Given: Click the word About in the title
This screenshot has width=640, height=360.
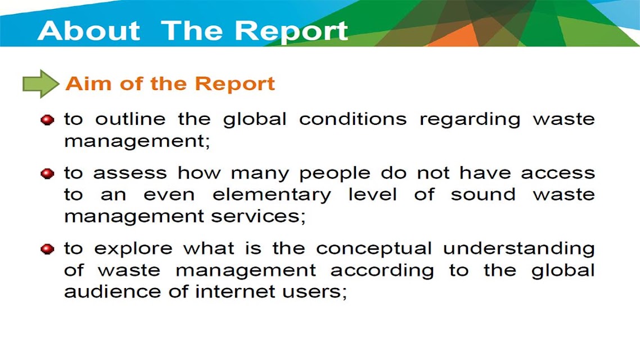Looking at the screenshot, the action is click(89, 30).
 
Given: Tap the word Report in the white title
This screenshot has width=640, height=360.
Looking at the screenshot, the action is click(291, 32).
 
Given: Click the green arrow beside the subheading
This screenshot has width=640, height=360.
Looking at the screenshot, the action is click(41, 84).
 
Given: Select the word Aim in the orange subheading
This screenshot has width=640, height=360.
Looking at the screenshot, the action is click(88, 83).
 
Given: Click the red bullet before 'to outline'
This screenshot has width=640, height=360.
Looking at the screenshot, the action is click(47, 120).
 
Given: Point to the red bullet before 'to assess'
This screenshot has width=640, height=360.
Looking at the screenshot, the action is click(47, 173).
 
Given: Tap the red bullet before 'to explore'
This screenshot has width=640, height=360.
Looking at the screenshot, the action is click(47, 249).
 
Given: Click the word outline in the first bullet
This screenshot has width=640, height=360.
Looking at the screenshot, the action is click(130, 119).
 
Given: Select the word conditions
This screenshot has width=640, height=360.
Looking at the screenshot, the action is click(353, 119).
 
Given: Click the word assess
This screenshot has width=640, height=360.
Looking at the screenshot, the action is click(130, 173).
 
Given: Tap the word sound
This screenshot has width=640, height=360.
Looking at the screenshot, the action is click(483, 194).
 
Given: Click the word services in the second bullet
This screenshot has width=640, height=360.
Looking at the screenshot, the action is click(258, 217).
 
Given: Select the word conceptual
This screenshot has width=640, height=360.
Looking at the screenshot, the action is click(374, 249).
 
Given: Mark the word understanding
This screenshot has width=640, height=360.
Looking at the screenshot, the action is click(519, 249).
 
